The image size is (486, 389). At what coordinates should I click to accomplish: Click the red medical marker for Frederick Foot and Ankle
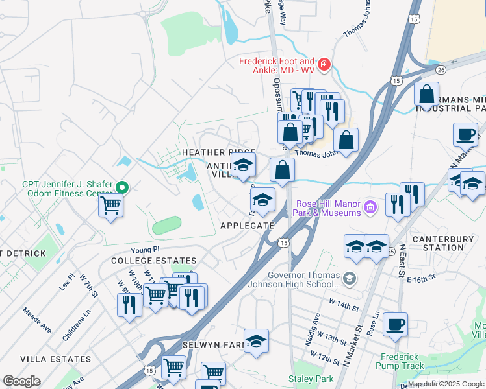[x=324, y=65]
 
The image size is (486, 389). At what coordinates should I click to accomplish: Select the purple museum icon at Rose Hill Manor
[x=370, y=207]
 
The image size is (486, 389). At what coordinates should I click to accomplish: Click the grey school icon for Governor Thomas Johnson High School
[x=350, y=277]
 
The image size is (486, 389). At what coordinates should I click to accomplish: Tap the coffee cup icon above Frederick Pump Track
[x=395, y=324]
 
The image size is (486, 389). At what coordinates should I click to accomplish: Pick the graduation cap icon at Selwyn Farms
[x=257, y=340]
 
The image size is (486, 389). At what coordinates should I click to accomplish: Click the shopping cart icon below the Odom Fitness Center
[x=111, y=206]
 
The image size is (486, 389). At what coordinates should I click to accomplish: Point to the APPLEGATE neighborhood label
[x=247, y=225]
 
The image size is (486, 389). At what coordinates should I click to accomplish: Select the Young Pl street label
[x=144, y=249]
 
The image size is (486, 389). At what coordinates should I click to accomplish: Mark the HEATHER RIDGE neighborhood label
[x=209, y=152]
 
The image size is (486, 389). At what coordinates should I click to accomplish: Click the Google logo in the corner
[x=21, y=381]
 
